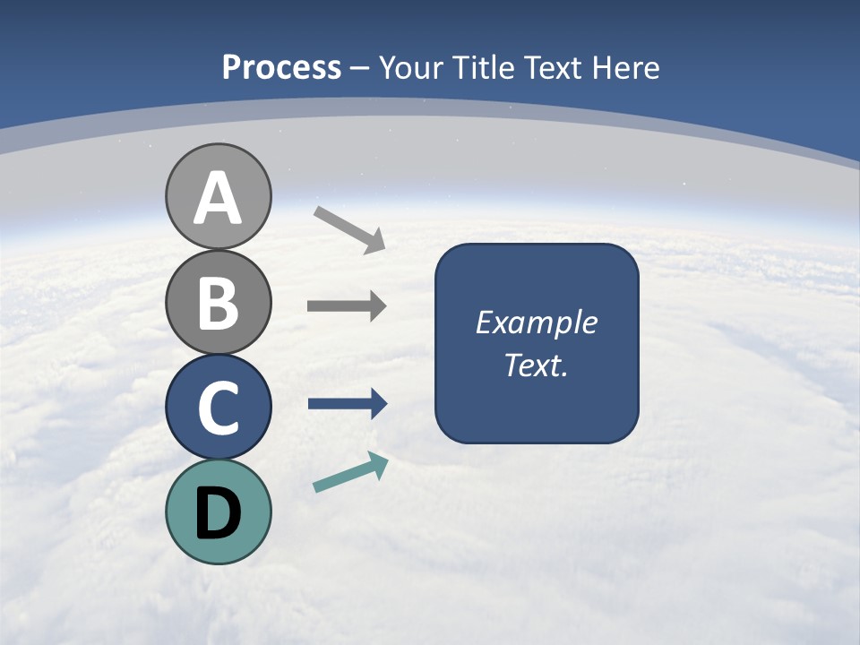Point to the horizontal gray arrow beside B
click(346, 306)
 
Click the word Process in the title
click(281, 67)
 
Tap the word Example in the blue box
click(537, 322)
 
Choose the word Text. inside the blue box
click(537, 365)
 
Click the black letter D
click(218, 513)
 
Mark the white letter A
click(218, 199)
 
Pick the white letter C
click(218, 408)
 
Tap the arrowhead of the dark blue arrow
click(378, 404)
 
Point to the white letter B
click(218, 303)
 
